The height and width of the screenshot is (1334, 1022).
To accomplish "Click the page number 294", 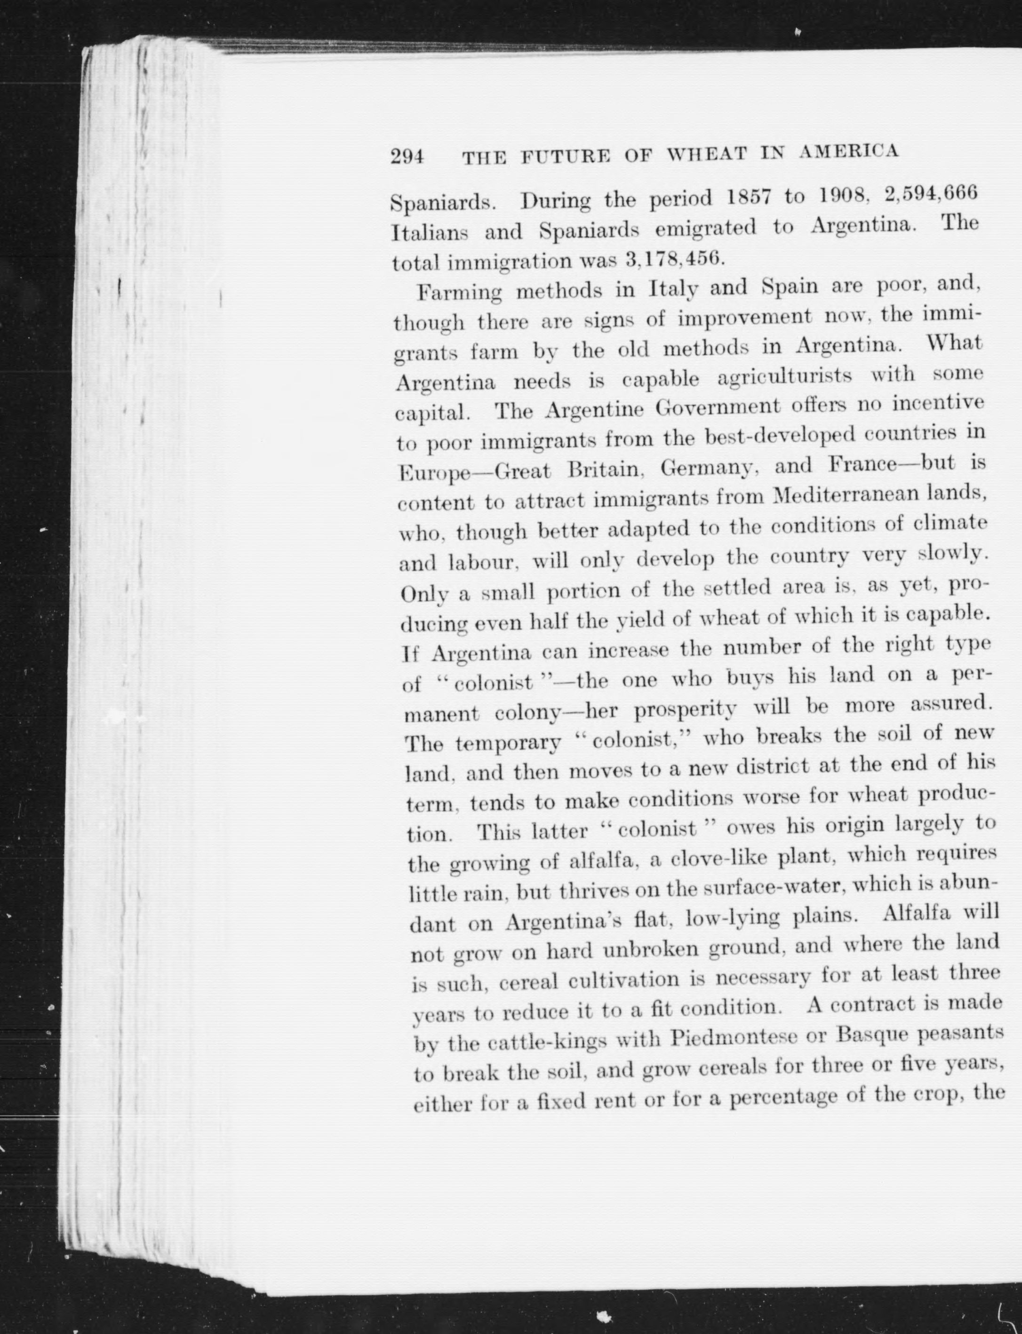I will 407,157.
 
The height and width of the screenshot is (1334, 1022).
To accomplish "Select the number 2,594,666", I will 931,193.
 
